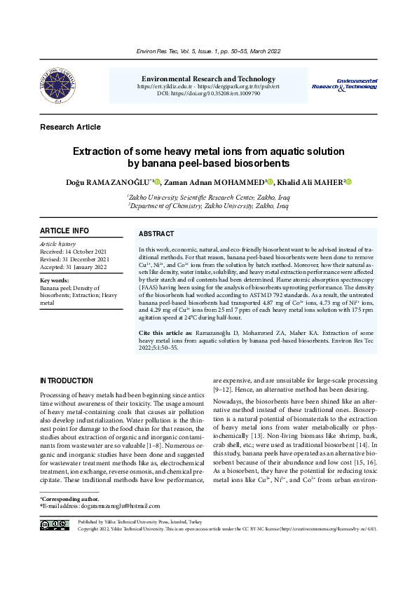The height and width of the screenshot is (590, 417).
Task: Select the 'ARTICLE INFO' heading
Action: click(x=64, y=231)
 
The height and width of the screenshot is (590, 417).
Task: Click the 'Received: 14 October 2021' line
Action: click(x=73, y=251)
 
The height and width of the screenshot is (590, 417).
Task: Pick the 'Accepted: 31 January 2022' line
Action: click(x=73, y=267)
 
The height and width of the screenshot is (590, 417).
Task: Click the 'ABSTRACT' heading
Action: click(x=156, y=234)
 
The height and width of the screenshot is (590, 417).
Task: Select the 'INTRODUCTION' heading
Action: click(x=67, y=381)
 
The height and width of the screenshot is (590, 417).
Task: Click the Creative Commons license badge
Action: click(x=55, y=525)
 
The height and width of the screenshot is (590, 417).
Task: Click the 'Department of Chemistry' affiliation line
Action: click(x=208, y=207)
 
